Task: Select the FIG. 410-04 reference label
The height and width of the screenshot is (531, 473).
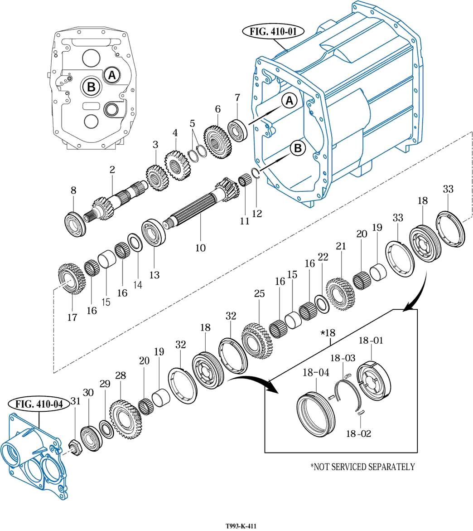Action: pyautogui.click(x=39, y=403)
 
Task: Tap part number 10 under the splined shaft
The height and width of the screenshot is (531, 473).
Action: pyautogui.click(x=200, y=248)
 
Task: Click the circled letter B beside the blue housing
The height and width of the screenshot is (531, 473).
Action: pyautogui.click(x=298, y=148)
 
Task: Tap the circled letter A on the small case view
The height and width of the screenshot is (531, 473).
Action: pyautogui.click(x=112, y=75)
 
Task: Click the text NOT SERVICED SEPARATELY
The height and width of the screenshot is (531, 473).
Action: pyautogui.click(x=362, y=467)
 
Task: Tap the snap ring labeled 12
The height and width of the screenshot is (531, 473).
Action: pyautogui.click(x=255, y=175)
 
